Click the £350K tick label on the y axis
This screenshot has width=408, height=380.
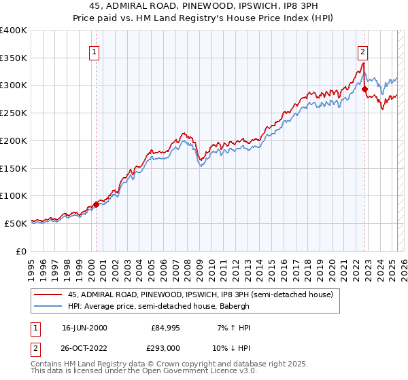14,58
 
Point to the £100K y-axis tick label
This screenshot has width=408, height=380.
14,195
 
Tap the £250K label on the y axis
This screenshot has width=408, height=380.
14,113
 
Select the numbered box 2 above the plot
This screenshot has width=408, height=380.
363,50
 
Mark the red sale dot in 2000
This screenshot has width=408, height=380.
96,204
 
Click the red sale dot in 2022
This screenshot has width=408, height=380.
365,89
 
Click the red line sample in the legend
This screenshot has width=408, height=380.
48,294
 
